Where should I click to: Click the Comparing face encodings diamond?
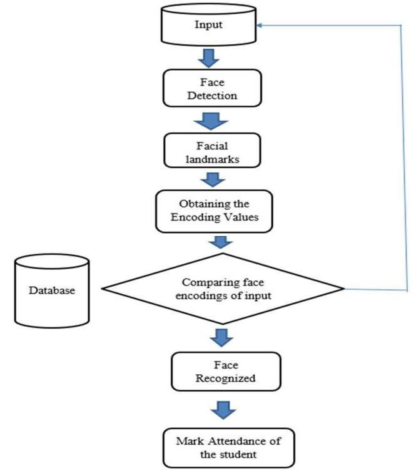click(x=224, y=289)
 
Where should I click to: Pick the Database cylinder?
click(x=52, y=291)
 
